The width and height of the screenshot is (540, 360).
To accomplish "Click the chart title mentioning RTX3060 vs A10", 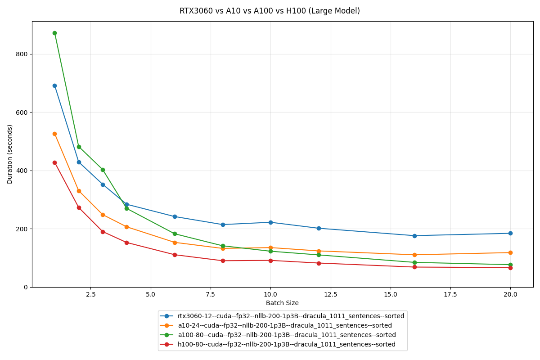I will [270, 11].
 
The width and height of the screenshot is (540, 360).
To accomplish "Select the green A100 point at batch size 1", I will [54, 33].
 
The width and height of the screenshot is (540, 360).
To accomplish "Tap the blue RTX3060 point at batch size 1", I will [54, 85].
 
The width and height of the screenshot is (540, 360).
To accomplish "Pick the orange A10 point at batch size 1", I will [54, 134].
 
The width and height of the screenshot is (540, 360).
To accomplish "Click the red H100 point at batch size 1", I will [54, 162].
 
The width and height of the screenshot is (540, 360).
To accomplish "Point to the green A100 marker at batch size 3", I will [103, 170].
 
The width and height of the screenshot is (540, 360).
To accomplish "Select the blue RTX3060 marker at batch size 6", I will [175, 216].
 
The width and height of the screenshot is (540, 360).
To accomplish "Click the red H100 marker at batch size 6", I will [175, 255].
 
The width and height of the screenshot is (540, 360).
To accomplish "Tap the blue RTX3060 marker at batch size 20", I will [510, 233].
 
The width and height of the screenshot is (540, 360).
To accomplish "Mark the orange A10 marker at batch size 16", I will [414, 255].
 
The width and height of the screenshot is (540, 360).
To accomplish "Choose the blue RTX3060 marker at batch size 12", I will [319, 228].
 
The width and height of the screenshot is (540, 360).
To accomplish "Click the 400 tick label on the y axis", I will [22, 171].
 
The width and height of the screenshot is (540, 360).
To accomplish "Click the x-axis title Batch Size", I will [282, 303].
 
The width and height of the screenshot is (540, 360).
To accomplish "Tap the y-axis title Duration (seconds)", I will [10, 154].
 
